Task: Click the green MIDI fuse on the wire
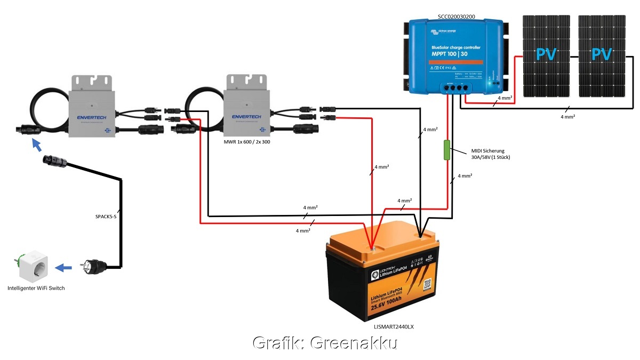(x=446, y=150)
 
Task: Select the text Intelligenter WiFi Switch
(x=36, y=288)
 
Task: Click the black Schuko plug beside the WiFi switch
(x=91, y=266)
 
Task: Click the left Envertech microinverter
(x=91, y=107)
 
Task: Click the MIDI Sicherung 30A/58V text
(x=491, y=154)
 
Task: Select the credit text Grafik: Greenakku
(x=325, y=343)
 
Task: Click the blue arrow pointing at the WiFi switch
(x=64, y=267)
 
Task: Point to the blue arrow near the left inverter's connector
(x=37, y=146)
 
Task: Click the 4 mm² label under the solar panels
(x=569, y=116)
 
